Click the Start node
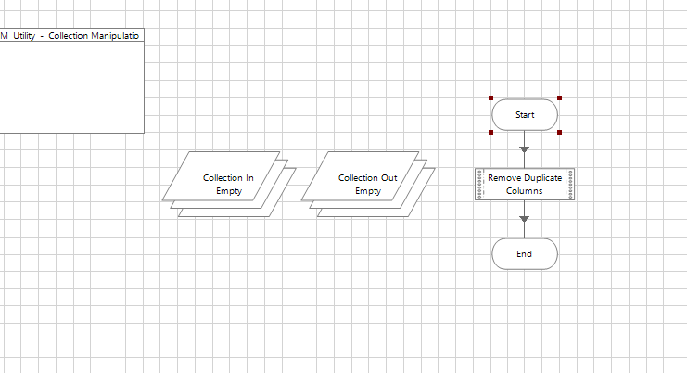click(525, 115)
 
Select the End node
click(525, 253)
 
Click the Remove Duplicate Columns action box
click(525, 184)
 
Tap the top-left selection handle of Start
click(490, 97)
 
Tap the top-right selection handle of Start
click(559, 97)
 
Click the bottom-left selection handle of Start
click(490, 132)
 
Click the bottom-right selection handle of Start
click(559, 132)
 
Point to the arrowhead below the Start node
click(525, 148)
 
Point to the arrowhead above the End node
click(525, 219)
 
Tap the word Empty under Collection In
click(229, 191)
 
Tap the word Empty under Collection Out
click(368, 191)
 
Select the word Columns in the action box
click(525, 191)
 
